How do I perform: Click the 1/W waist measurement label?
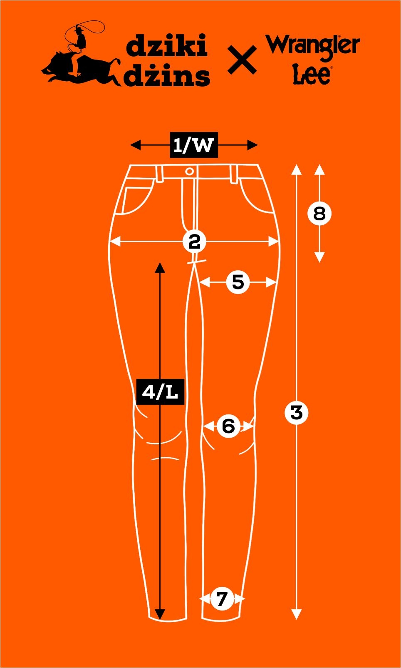pos(194,145)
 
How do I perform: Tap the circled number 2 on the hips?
pos(194,241)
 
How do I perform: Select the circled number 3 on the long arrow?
pos(296,413)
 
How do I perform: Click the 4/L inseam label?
pos(160,391)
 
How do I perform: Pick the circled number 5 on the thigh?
pos(238,282)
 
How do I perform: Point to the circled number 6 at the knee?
pos(228,426)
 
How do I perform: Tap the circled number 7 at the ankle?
pos(222,599)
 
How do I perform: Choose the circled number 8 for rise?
pos(319,214)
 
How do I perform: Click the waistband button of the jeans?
pos(189,171)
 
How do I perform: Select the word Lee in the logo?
pos(312,75)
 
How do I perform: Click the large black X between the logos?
pos(242,61)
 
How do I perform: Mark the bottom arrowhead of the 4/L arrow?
pos(160,614)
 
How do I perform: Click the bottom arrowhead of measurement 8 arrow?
pos(319,257)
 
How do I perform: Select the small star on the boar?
pos(79,74)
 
